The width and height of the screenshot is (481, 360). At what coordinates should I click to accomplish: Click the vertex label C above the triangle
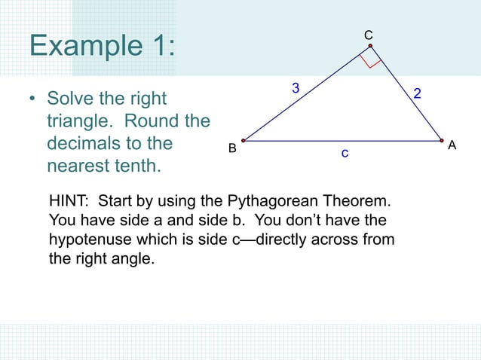coord(369,35)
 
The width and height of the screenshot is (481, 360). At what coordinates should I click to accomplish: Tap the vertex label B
coord(233,148)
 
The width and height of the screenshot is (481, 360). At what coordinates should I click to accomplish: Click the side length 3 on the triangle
coord(296,89)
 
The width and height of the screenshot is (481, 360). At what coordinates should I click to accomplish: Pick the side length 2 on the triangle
coord(417,94)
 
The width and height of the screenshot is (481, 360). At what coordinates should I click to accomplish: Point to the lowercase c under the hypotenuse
coord(344,154)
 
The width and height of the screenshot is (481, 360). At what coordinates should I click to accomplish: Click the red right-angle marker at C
coord(370,58)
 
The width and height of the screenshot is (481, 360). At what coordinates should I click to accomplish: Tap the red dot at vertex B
coord(244,140)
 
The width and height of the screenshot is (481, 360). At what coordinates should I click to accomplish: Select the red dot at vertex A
coord(442,140)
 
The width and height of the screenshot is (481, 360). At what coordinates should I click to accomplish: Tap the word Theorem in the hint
coord(360,203)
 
